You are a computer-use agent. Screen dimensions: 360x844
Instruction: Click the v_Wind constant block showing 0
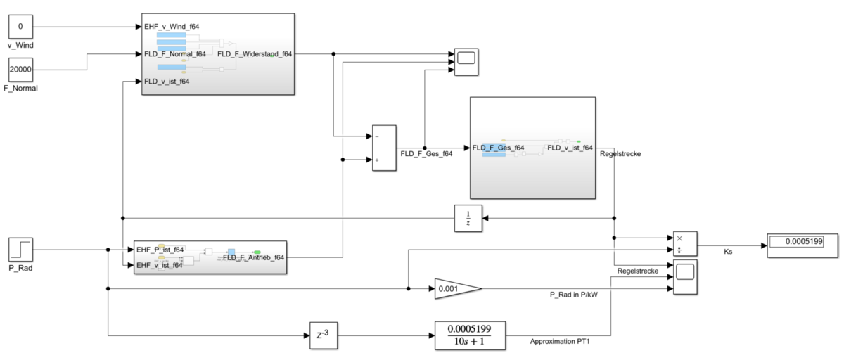20,27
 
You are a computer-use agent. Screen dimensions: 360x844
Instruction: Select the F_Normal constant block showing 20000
20,70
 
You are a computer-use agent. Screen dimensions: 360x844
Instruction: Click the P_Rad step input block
20,249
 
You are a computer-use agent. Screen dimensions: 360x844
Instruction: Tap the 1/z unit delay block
468,218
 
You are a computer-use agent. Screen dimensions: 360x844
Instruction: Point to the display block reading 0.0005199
795,242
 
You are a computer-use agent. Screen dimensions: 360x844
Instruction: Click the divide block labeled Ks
684,243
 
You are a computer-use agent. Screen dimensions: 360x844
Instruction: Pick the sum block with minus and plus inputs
384,148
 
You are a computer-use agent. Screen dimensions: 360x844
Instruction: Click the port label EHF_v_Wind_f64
172,27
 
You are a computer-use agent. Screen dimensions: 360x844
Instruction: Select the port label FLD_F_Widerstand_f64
255,53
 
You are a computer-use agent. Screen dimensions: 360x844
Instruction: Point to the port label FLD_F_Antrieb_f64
254,257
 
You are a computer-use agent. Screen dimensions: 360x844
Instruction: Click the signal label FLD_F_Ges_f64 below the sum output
426,153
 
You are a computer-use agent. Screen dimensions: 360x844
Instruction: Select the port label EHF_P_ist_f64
160,250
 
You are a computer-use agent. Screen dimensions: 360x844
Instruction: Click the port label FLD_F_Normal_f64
175,53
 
